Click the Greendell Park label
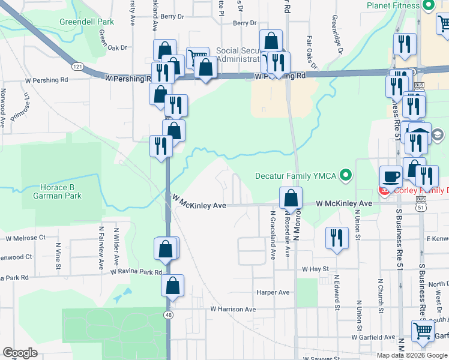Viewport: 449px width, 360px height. [86, 22]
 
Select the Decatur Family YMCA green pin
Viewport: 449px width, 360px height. [345, 175]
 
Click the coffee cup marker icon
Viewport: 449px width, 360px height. [391, 177]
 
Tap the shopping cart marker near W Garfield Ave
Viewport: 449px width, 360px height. [423, 330]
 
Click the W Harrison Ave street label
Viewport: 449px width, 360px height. [233, 310]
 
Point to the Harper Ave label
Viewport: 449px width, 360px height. [273, 293]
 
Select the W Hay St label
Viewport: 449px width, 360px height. [315, 269]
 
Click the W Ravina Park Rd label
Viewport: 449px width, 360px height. [136, 272]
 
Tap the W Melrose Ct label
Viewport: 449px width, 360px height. [26, 238]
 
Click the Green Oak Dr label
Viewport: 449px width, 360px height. [113, 47]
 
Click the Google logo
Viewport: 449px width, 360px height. [20, 353]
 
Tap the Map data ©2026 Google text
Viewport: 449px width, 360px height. [412, 355]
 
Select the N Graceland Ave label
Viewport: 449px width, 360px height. [273, 235]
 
